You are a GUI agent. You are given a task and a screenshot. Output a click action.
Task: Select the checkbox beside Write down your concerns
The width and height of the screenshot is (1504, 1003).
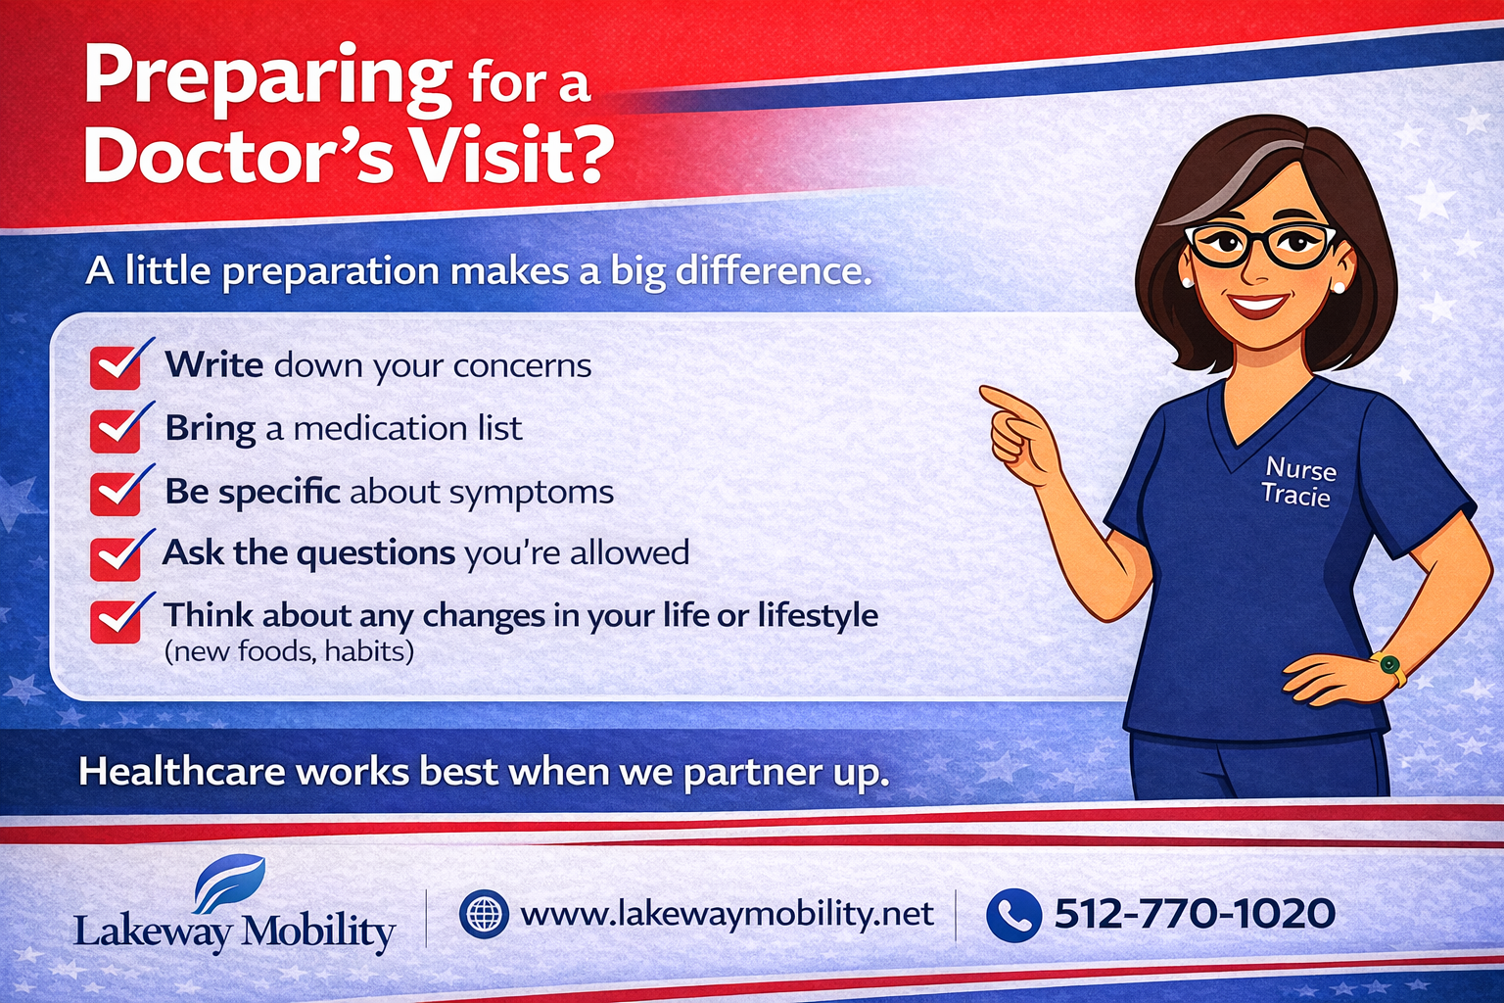click(x=117, y=366)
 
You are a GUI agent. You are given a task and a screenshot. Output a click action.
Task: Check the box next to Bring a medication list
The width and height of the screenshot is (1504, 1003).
click(x=117, y=429)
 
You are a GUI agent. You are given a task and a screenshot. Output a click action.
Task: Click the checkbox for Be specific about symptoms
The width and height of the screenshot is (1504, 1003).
click(x=117, y=493)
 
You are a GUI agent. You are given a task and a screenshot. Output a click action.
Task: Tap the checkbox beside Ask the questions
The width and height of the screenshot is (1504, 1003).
click(x=117, y=556)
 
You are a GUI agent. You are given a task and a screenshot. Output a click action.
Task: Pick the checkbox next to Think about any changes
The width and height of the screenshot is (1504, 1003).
click(x=117, y=620)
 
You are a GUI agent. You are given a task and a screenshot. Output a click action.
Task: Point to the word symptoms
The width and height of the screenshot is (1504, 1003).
click(x=533, y=492)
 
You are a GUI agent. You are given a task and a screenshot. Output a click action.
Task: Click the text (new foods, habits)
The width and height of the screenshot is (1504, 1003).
click(x=289, y=651)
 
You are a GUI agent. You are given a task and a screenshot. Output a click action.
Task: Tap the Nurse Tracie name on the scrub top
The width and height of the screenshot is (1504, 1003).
click(x=1298, y=481)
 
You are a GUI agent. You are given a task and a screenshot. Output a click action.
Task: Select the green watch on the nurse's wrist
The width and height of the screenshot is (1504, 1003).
click(x=1388, y=666)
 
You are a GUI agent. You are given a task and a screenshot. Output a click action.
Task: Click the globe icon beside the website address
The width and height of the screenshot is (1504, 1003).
click(x=484, y=914)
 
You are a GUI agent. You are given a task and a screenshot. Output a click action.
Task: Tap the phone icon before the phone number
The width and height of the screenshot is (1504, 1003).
click(x=1013, y=915)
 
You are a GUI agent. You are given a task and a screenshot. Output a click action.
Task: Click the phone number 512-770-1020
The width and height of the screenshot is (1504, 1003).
click(x=1194, y=914)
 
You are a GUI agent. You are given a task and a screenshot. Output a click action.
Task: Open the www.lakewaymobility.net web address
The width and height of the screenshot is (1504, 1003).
click(x=727, y=914)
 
